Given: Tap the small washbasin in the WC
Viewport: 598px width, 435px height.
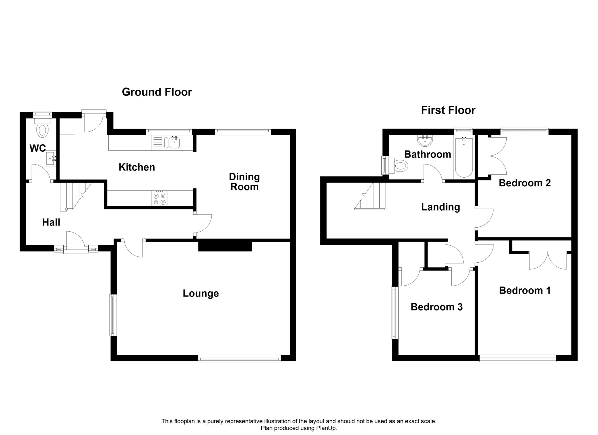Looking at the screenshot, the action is point(51,159).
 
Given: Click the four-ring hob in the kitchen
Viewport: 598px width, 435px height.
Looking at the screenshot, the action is point(159,198).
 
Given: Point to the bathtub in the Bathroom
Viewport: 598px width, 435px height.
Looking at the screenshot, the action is point(464,158).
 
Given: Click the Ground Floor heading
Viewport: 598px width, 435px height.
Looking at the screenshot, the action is point(157,92).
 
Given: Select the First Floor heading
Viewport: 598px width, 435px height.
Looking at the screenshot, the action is point(448,110).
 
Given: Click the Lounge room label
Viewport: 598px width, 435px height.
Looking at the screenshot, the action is point(201,293).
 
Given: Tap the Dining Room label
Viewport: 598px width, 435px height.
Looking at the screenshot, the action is point(244,182).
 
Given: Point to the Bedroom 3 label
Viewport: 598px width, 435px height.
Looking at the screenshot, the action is point(437,307).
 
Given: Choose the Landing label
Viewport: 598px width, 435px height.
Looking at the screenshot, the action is point(440,207).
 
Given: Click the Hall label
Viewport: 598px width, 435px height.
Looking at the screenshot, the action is point(51,222).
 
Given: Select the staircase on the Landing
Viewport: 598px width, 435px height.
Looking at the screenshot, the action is point(371,196).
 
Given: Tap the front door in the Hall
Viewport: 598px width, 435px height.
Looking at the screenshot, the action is point(76,241).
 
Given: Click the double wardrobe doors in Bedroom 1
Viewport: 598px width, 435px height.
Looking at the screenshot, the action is point(548,260).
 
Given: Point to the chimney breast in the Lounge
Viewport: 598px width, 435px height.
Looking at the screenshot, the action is point(225,245).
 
